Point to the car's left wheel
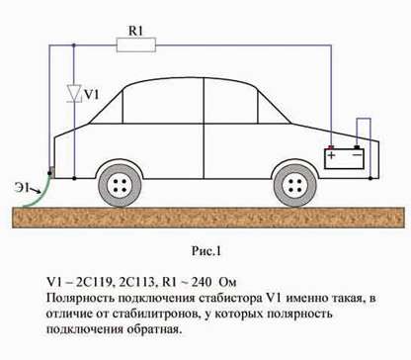coord(122,183)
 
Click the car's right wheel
coord(293,183)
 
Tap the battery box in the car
coord(345,158)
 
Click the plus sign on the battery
coord(332,155)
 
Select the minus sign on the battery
coord(358,155)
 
